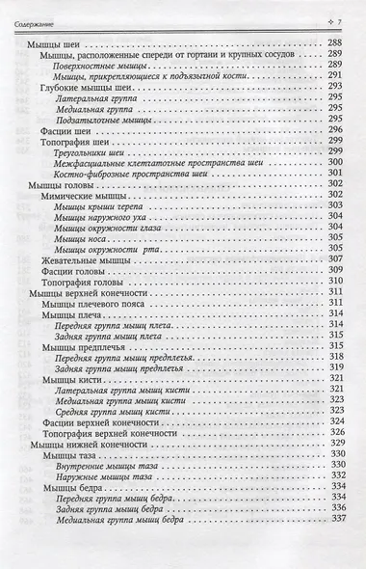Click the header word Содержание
click(39, 21)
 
